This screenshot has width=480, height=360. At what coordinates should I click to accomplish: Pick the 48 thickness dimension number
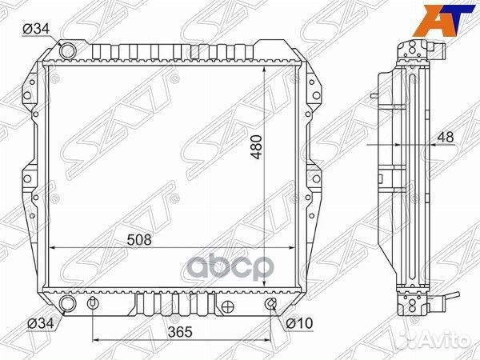point(446,138)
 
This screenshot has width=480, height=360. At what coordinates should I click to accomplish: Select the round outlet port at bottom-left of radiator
point(68,306)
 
